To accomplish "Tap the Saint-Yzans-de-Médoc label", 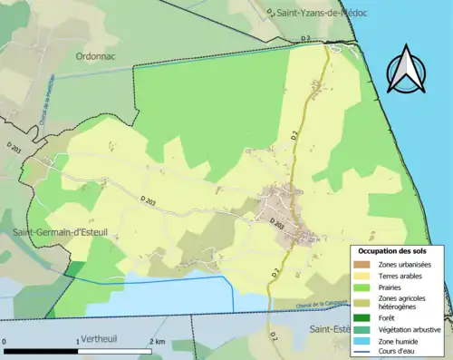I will (321, 13).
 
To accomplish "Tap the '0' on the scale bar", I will (5, 341).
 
